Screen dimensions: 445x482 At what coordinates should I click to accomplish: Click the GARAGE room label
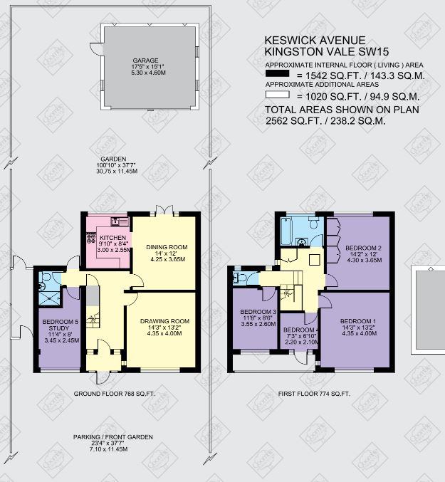[145, 61]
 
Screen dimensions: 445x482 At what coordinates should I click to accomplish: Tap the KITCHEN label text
[112, 238]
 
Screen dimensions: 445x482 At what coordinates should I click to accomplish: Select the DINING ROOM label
[167, 247]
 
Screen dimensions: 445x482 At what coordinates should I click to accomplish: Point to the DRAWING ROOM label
[164, 321]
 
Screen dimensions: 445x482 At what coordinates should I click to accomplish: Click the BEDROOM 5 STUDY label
[61, 325]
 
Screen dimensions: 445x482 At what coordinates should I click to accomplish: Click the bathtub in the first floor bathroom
[286, 231]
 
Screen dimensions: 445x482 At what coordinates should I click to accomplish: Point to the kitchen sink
[119, 221]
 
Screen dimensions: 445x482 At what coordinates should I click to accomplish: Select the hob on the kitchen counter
[91, 238]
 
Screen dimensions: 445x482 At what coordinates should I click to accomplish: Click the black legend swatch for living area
[277, 73]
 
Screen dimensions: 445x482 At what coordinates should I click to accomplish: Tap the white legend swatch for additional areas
[277, 95]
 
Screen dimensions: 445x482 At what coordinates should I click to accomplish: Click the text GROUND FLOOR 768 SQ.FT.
[115, 394]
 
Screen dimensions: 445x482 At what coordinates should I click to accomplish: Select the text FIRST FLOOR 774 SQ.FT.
[314, 394]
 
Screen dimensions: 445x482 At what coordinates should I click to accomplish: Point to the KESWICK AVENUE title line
[315, 41]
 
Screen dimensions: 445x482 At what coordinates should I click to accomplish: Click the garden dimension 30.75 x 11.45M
[117, 171]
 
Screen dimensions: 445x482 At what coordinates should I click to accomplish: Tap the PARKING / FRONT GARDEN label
[112, 437]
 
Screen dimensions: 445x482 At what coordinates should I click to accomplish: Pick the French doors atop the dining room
[164, 210]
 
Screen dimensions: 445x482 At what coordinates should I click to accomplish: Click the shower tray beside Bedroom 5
[49, 298]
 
